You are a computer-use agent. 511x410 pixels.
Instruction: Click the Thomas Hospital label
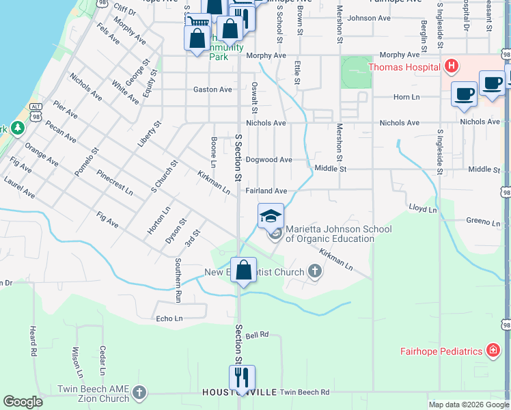(x=404, y=67)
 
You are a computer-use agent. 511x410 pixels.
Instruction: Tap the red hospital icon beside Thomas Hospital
(x=450, y=66)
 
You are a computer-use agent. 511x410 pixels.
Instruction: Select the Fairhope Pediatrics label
(x=441, y=351)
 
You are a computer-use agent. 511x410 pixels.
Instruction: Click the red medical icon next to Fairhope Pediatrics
(x=492, y=351)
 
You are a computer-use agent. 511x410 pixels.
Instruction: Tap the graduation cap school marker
(x=271, y=217)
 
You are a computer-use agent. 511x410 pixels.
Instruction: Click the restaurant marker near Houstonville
(x=242, y=377)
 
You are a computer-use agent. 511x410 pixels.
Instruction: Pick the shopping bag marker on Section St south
(x=243, y=270)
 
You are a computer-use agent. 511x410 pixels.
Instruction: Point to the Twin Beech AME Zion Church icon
(x=139, y=393)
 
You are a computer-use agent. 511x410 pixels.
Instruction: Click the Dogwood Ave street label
(x=268, y=160)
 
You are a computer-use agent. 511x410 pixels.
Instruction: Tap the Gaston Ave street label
(x=212, y=90)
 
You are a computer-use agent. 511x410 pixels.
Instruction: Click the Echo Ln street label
(x=169, y=318)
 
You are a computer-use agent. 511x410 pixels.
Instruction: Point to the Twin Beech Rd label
(x=305, y=392)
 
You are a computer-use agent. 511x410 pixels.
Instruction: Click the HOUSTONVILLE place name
(x=239, y=392)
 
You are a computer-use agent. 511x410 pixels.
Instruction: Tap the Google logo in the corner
(x=23, y=402)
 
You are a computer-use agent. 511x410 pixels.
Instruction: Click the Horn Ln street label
(x=406, y=98)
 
